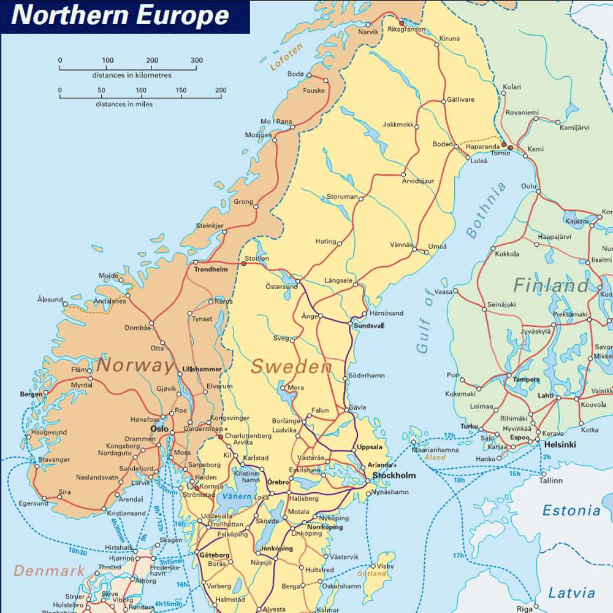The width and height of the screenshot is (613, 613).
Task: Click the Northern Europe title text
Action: tap(120, 16)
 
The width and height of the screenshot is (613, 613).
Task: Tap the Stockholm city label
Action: tap(394, 476)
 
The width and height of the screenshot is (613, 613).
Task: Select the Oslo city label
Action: tap(159, 428)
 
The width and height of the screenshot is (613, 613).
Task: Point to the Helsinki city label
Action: tap(558, 444)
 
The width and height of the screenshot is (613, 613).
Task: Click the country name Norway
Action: tap(135, 366)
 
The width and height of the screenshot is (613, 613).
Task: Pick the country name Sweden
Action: tap(291, 367)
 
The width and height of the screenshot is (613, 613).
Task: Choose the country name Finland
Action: tap(550, 285)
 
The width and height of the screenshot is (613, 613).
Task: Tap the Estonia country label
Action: tap(571, 511)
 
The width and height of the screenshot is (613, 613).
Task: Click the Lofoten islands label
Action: tap(286, 58)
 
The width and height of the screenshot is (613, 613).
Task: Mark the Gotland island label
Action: tap(372, 574)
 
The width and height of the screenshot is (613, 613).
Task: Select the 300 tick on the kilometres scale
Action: tap(197, 60)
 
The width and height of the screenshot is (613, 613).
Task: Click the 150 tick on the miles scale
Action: tap(181, 90)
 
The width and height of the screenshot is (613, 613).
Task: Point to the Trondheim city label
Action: tap(210, 269)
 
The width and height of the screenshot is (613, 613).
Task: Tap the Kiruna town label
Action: tap(449, 39)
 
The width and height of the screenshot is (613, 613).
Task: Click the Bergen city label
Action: tap(31, 395)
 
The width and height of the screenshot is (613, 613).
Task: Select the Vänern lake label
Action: tap(237, 496)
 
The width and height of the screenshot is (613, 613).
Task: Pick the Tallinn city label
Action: tap(550, 480)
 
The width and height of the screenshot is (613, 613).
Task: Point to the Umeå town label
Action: tap(438, 246)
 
